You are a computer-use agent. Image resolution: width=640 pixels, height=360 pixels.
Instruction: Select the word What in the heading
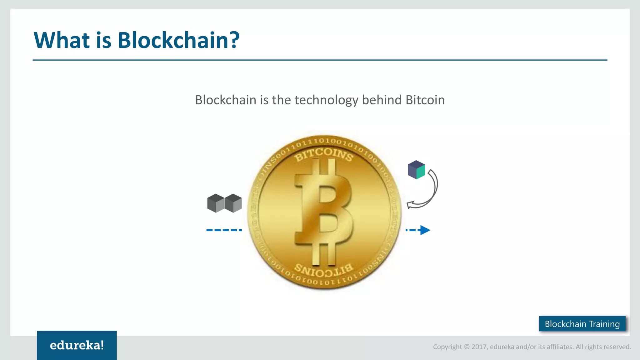(62, 40)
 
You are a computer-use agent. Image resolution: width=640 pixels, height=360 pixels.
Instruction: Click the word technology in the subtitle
(326, 100)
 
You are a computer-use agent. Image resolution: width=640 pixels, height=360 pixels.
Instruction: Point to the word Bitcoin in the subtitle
(425, 100)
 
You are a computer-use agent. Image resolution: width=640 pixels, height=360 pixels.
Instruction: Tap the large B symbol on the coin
(323, 212)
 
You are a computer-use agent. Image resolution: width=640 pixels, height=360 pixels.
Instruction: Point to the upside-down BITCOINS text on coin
(324, 270)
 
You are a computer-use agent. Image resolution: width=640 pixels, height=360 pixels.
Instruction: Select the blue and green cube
(416, 170)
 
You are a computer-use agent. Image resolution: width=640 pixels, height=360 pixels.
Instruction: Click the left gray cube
(216, 203)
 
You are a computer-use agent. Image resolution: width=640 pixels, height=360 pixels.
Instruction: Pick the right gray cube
(233, 203)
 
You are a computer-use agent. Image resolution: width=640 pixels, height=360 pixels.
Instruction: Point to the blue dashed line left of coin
(224, 230)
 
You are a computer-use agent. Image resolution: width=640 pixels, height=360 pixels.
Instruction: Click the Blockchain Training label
(582, 324)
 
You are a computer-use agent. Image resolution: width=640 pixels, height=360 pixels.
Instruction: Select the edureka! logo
(77, 345)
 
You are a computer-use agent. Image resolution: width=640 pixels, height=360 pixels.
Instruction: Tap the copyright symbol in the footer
(467, 347)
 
